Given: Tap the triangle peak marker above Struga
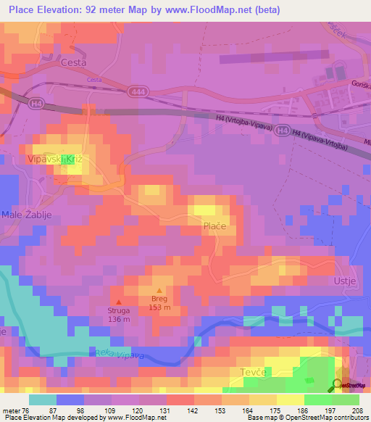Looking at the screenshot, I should click(119, 302).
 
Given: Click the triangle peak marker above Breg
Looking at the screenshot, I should click(159, 290).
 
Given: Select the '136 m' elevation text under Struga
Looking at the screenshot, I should click(119, 319).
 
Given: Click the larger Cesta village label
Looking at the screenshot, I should click(74, 62).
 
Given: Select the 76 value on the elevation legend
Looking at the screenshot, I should click(28, 410).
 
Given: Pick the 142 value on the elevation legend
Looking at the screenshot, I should click(194, 410).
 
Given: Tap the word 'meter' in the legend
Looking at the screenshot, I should click(11, 410).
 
